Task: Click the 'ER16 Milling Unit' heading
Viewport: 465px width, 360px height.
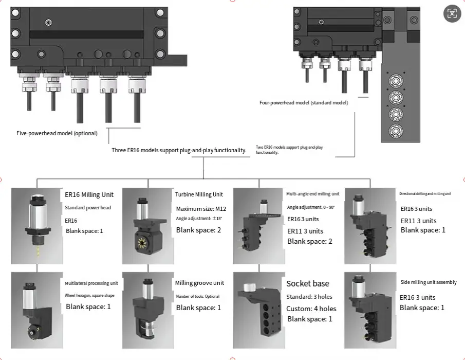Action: click(x=89, y=194)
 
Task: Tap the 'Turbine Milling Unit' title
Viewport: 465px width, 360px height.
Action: click(x=199, y=194)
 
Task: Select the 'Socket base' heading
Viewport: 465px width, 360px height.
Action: click(x=308, y=283)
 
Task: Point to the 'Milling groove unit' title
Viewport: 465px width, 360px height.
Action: click(x=199, y=283)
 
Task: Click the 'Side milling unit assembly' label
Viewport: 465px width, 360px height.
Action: click(x=428, y=282)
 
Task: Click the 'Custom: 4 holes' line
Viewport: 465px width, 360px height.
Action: click(x=311, y=308)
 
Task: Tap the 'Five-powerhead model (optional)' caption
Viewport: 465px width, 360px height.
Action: click(x=57, y=133)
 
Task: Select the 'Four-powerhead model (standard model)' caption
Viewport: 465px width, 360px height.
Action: click(x=304, y=103)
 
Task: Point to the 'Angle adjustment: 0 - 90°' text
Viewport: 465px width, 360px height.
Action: click(x=310, y=207)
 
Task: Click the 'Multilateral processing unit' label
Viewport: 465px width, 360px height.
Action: click(x=91, y=283)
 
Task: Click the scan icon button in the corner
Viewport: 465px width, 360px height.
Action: click(x=452, y=14)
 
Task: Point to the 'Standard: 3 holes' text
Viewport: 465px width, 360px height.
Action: click(x=309, y=297)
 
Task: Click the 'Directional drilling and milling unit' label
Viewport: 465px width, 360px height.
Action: click(x=425, y=194)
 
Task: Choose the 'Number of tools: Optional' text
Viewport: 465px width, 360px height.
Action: click(x=198, y=296)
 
